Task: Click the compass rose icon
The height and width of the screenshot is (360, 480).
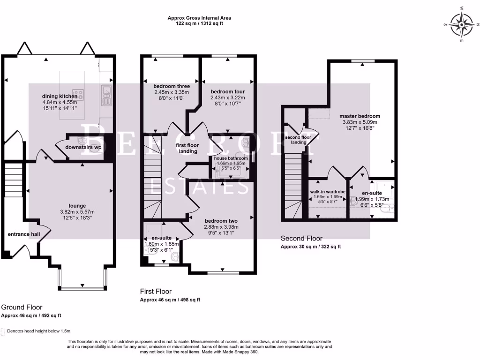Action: [462, 23]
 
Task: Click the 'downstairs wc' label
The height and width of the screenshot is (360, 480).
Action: [85, 147]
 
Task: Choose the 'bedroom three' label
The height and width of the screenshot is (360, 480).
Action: [171, 86]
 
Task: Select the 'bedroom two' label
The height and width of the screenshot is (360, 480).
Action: [221, 221]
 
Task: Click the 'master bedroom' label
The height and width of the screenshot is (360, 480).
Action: [360, 116]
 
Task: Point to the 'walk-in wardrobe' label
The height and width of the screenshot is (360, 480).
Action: [327, 192]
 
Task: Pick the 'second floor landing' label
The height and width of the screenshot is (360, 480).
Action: [299, 140]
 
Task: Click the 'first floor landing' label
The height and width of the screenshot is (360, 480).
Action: [187, 148]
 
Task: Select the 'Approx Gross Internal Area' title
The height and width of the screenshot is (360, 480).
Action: [199, 18]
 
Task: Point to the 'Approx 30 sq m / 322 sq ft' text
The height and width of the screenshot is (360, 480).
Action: [310, 247]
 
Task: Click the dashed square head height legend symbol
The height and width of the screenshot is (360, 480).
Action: [3, 331]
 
